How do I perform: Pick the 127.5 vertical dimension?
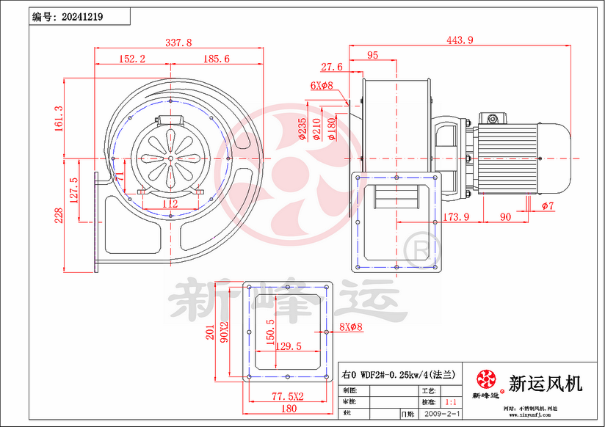[x=73, y=190]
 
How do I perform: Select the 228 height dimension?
[x=59, y=213]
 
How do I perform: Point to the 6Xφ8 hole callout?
[x=322, y=86]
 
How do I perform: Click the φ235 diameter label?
[x=302, y=128]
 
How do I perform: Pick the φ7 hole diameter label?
[x=548, y=206]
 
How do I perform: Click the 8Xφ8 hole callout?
[x=351, y=327]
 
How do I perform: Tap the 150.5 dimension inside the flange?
[x=270, y=332]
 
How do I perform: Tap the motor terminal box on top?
[x=492, y=118]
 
